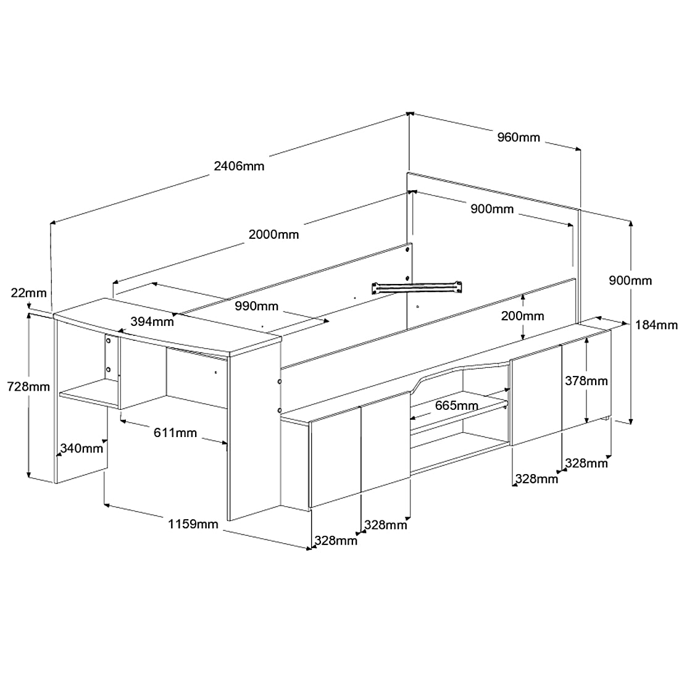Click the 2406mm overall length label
click(x=238, y=165)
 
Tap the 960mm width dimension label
click(x=519, y=137)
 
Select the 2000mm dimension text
click(x=273, y=235)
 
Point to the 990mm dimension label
click(x=256, y=306)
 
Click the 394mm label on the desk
click(x=152, y=321)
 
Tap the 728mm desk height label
click(x=28, y=387)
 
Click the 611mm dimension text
click(x=176, y=433)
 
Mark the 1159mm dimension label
click(x=193, y=524)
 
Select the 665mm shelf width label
click(x=456, y=406)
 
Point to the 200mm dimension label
click(x=522, y=316)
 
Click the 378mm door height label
click(x=586, y=381)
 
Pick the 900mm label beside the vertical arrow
click(x=630, y=281)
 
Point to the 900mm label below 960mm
click(x=492, y=209)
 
